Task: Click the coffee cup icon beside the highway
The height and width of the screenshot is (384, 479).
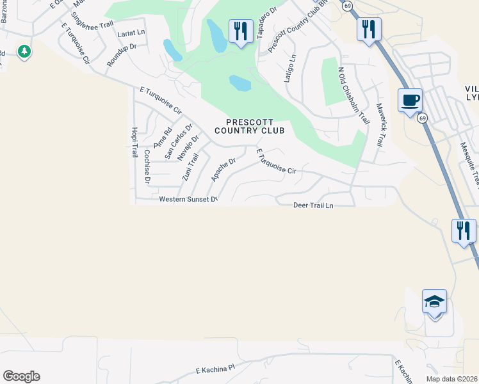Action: [x=410, y=100]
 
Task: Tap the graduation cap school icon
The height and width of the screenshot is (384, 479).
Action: [x=434, y=301]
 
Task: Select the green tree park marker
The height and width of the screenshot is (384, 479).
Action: [x=24, y=51]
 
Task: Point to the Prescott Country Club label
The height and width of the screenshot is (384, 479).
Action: [x=249, y=126]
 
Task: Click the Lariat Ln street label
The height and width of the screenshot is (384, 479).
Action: [x=131, y=32]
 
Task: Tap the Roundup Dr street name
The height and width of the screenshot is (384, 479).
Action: [x=122, y=56]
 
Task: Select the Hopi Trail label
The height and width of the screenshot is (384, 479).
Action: [x=134, y=142]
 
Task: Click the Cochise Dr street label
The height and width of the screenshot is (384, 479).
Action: [x=147, y=167]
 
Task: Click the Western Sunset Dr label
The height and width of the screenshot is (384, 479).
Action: [x=189, y=199]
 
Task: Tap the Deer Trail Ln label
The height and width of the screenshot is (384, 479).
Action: [x=313, y=205]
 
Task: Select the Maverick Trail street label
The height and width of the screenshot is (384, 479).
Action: [x=378, y=125]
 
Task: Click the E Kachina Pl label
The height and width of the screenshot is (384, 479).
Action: [x=216, y=370]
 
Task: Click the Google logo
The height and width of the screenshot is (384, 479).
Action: [x=21, y=376]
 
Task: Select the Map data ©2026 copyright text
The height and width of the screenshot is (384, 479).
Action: [x=452, y=378]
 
